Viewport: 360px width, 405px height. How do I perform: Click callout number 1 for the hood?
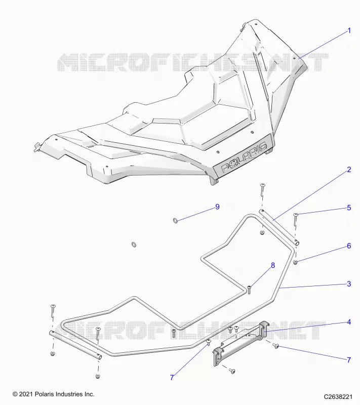point(349,31)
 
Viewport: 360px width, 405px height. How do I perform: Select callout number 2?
point(349,170)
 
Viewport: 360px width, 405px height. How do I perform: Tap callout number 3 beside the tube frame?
point(349,284)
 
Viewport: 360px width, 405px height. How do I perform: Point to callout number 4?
point(349,322)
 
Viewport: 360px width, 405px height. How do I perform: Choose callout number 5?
point(349,208)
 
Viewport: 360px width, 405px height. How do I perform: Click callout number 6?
point(349,246)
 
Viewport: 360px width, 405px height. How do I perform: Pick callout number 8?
point(273,265)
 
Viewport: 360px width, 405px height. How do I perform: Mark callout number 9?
point(217,207)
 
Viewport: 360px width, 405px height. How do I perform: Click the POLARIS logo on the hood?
point(244,157)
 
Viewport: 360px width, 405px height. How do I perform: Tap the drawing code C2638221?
point(338,396)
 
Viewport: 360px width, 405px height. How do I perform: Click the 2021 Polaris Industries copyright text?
point(54,394)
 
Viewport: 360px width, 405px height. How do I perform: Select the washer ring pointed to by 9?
point(175,221)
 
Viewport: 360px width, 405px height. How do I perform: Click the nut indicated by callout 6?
point(296,263)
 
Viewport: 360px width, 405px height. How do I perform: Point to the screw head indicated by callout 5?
point(296,215)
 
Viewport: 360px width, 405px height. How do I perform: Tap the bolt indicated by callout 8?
point(249,290)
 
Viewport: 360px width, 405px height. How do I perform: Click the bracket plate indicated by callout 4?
point(240,343)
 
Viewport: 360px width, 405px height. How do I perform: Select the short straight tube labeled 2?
point(279,227)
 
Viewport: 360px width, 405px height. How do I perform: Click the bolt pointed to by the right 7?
point(276,346)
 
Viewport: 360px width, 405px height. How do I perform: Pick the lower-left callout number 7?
point(172,378)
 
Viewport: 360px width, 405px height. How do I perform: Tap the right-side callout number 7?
point(349,360)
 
